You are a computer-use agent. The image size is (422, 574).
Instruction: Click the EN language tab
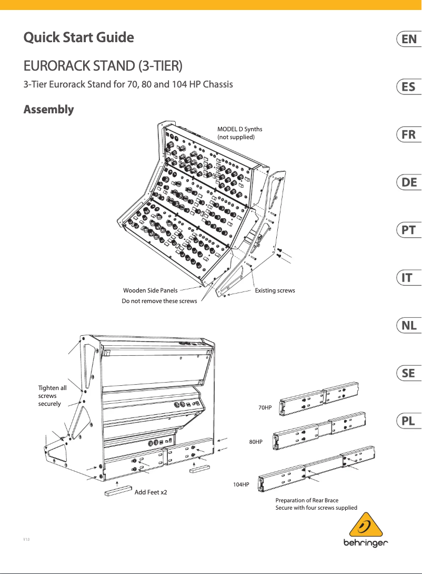click(409, 39)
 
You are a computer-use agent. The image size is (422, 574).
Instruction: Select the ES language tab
click(409, 86)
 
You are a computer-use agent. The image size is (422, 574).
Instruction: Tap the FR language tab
click(409, 134)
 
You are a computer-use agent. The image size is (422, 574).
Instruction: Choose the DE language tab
click(409, 182)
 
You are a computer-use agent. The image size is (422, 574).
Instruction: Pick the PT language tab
click(409, 230)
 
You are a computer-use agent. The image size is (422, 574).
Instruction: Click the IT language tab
click(409, 278)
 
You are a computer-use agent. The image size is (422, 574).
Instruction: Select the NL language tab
click(409, 326)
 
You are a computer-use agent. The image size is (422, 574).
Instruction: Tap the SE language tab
click(409, 373)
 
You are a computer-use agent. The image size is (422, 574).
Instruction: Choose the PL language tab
click(409, 421)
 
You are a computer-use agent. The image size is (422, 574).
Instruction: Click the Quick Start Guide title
click(78, 38)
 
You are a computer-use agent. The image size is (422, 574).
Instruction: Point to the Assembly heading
click(48, 110)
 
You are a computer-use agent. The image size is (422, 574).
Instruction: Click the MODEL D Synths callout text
click(239, 133)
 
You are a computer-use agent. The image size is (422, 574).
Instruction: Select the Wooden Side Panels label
click(150, 290)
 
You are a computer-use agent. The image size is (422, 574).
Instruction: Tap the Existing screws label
click(275, 290)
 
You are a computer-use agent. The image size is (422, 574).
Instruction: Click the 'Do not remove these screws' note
click(159, 301)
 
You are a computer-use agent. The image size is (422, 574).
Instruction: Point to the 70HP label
click(265, 408)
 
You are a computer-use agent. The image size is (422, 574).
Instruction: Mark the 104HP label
click(242, 483)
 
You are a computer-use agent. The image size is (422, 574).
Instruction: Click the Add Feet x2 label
click(151, 492)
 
